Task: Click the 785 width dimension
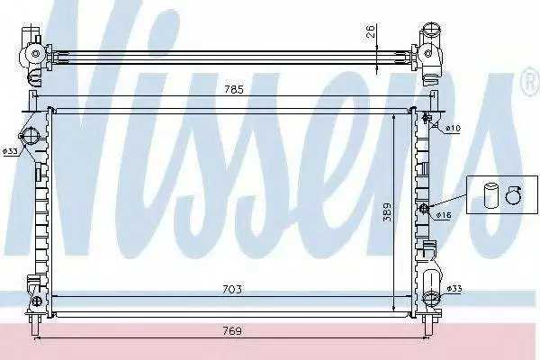tap(234, 90)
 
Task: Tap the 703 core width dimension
tap(232, 290)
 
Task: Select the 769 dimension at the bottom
tap(232, 331)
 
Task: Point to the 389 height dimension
tap(387, 212)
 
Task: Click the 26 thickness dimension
tap(370, 31)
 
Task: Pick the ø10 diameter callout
tap(453, 128)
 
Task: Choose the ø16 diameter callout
tap(444, 215)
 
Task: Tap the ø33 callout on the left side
tap(10, 151)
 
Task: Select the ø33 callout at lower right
tap(454, 288)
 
